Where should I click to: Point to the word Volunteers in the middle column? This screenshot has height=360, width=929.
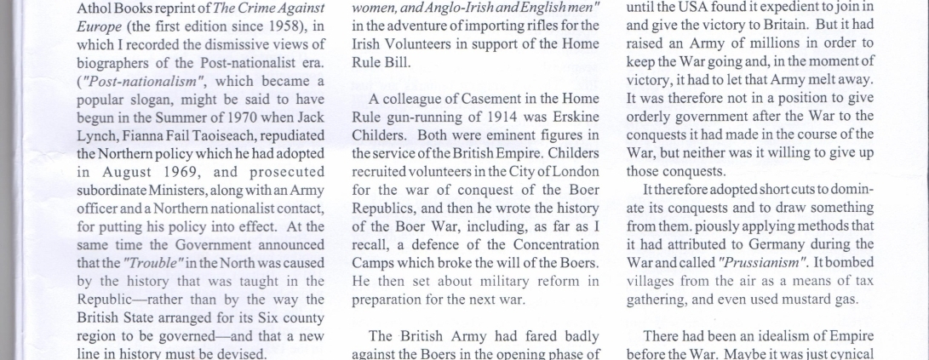[410, 45]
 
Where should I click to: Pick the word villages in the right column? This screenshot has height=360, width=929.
[651, 279]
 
